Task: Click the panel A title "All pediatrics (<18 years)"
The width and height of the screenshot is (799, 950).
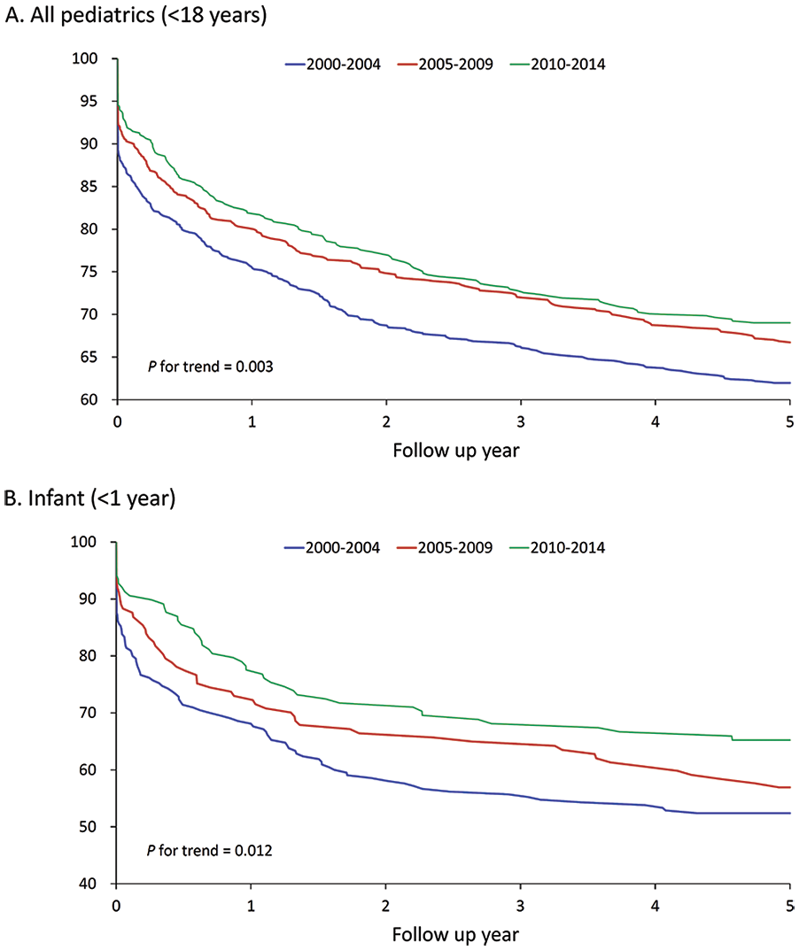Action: click(149, 14)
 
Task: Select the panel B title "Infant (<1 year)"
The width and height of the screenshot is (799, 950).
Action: click(102, 498)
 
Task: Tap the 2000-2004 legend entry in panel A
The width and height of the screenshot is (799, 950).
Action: click(333, 65)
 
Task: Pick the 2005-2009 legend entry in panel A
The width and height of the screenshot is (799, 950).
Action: click(446, 65)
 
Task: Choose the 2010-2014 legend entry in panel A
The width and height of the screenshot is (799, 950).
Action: click(558, 65)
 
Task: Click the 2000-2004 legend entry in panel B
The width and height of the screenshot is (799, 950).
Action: click(332, 548)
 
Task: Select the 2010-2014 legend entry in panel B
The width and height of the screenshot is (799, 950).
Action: click(557, 548)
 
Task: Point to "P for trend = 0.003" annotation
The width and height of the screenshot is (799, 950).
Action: click(210, 367)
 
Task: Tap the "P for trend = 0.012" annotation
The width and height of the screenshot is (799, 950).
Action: click(209, 851)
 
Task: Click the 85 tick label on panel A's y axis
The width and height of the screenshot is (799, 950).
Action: click(89, 187)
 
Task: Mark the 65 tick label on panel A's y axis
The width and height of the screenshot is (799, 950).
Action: click(89, 357)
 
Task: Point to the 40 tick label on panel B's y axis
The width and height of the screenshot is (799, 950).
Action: click(88, 884)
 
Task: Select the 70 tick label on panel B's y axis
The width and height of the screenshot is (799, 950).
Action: click(88, 713)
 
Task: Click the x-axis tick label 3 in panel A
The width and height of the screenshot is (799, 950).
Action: click(521, 421)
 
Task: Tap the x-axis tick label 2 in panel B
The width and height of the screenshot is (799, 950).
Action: click(385, 906)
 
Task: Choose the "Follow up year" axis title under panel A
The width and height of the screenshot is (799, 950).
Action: click(456, 451)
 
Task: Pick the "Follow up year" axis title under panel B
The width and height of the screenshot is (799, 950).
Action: click(455, 935)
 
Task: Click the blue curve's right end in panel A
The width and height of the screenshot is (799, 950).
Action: click(790, 382)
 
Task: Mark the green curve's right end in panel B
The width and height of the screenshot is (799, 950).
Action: click(790, 740)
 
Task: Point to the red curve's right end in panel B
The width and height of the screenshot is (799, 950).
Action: click(790, 787)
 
